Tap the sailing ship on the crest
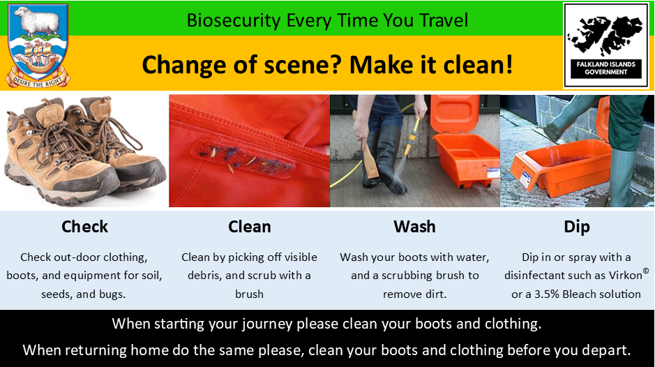[37, 56]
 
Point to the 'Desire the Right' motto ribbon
[38, 80]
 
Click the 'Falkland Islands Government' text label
[605, 68]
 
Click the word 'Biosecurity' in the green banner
[234, 20]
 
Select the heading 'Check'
[85, 227]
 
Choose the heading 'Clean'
[250, 227]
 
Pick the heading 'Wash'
[414, 227]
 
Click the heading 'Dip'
[577, 227]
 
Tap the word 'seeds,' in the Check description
[59, 294]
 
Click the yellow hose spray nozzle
[412, 137]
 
